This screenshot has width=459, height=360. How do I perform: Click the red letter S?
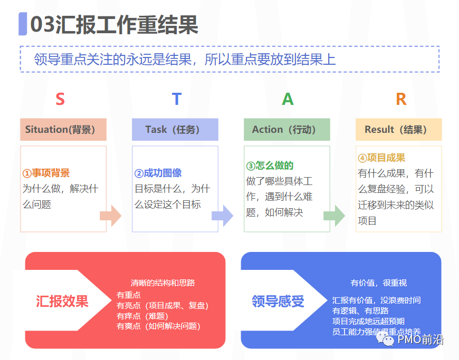pos(60,99)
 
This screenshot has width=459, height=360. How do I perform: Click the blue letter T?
pos(176,99)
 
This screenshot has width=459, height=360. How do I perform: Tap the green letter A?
pos(288,99)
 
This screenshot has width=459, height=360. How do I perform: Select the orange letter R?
pos(401,99)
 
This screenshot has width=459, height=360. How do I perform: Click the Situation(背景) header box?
pos(63,130)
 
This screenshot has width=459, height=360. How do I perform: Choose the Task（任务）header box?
pos(175,130)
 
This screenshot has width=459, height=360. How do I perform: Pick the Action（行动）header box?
pos(286,130)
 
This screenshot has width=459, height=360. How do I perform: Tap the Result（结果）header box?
pos(398,130)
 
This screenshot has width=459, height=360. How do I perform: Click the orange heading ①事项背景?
pos(46,173)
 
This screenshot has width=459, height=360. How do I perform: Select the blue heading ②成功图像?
pos(158,173)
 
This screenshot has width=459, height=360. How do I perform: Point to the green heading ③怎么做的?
pos(270,166)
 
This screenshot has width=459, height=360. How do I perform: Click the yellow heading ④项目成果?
pos(381,158)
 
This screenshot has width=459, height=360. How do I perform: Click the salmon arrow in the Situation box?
pos(111,216)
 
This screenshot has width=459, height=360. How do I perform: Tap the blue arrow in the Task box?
pos(222,216)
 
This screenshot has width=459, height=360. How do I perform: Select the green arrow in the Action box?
pos(334,216)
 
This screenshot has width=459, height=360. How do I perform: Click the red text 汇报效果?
pos(62,301)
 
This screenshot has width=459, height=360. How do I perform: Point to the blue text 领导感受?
pos(278,301)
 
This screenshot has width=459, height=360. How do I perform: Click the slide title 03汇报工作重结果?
pos(114,25)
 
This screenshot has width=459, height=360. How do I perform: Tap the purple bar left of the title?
pos(23,24)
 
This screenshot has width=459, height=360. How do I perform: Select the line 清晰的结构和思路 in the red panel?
pos(162,283)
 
